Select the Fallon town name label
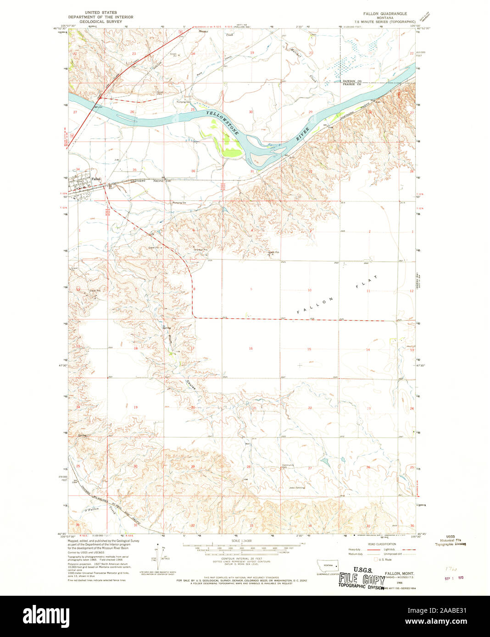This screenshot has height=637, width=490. tap(95, 179)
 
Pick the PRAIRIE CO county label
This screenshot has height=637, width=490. tap(352, 85)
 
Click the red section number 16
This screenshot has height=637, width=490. tap(251, 349)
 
